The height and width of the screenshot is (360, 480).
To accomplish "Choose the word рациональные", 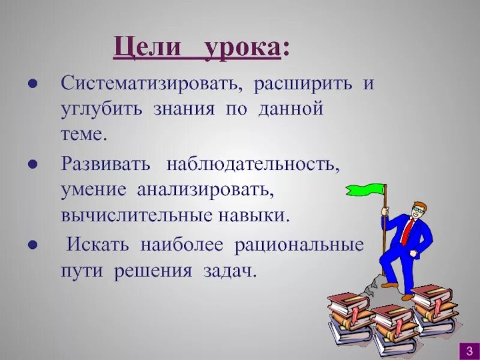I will click(x=299, y=245).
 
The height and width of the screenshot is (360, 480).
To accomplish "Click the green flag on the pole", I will click(x=365, y=191).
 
